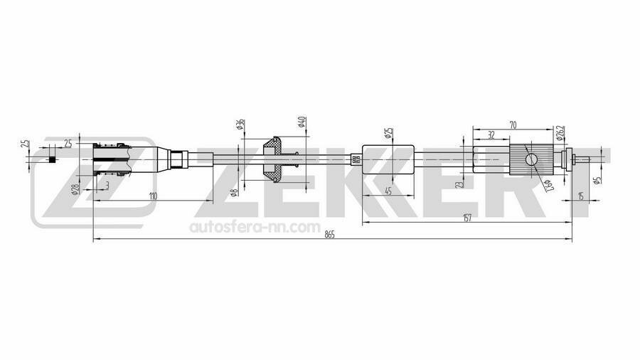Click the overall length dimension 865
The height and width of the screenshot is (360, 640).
tap(329, 235)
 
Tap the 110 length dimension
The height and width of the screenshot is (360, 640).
tap(152, 196)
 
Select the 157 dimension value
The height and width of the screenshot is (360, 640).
tap(466, 218)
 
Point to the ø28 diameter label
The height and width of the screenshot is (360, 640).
tap(74, 189)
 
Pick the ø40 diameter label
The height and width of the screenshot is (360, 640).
tap(302, 122)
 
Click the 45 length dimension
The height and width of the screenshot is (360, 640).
tap(388, 190)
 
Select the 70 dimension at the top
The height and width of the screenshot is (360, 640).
tap(513, 125)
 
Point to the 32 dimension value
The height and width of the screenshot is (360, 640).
tap(491, 134)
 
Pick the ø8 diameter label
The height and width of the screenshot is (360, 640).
tap(234, 192)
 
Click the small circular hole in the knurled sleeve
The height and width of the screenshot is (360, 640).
tap(530, 160)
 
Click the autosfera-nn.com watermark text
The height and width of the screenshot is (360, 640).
tap(254, 228)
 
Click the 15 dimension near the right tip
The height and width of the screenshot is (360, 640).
tap(582, 196)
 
